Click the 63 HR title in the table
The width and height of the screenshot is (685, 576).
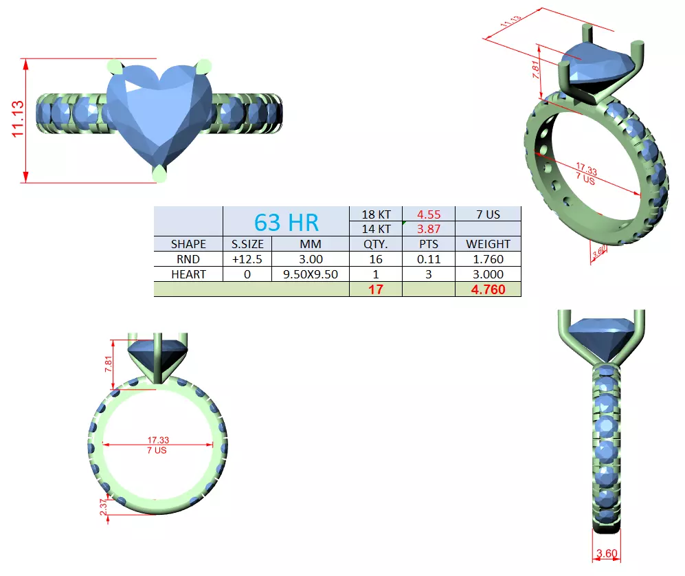pyautogui.click(x=287, y=222)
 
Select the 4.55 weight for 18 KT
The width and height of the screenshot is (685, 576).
pyautogui.click(x=428, y=214)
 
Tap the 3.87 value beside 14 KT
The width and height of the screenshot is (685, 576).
pyautogui.click(x=428, y=229)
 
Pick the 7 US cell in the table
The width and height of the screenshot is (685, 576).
pyautogui.click(x=488, y=214)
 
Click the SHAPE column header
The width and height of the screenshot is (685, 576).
pyautogui.click(x=188, y=244)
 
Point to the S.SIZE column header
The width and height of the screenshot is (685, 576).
pyautogui.click(x=247, y=244)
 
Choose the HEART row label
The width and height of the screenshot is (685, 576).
pyautogui.click(x=188, y=274)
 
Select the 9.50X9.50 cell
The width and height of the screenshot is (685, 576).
pyautogui.click(x=311, y=274)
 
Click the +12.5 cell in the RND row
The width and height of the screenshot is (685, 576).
pyautogui.click(x=247, y=259)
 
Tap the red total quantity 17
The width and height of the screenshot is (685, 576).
pyautogui.click(x=375, y=289)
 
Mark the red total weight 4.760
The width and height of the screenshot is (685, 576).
pyautogui.click(x=488, y=289)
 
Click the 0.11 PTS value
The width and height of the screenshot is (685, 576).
pyautogui.click(x=428, y=259)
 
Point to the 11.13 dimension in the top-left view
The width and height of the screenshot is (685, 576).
pyautogui.click(x=18, y=120)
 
